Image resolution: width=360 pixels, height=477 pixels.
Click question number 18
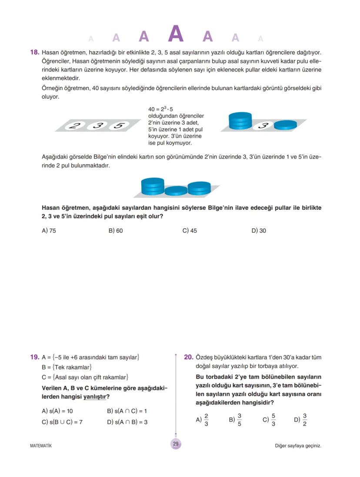click(x=34, y=53)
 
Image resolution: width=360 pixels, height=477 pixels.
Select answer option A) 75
click(x=49, y=231)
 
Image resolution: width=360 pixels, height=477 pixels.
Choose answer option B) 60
click(x=116, y=231)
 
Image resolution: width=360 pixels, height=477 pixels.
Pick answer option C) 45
click(x=190, y=231)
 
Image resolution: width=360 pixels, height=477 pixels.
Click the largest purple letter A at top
click(x=176, y=34)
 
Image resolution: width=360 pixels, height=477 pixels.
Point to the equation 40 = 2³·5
click(x=161, y=109)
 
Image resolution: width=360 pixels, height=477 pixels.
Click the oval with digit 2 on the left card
click(x=76, y=126)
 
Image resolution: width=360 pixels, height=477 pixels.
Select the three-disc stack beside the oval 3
click(x=240, y=121)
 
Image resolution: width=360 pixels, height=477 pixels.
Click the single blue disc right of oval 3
click(x=285, y=125)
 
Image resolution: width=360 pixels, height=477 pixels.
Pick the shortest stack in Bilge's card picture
click(x=176, y=191)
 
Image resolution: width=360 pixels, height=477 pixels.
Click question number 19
click(x=34, y=358)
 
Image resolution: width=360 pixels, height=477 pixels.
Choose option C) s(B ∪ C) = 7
click(x=62, y=422)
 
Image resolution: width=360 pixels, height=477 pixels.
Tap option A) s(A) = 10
click(x=57, y=411)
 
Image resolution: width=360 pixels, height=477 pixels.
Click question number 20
click(x=188, y=358)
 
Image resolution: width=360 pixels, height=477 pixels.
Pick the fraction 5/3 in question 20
click(x=273, y=420)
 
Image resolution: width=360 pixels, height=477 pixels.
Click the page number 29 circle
click(x=176, y=444)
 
